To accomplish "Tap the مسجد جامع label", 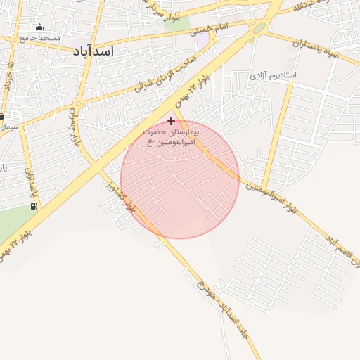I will pyautogui.click(x=40, y=37).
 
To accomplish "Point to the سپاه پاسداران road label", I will pyautogui.click(x=300, y=44).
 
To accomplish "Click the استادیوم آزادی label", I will pyautogui.click(x=274, y=75).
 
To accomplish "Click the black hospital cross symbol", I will pyautogui.click(x=171, y=121).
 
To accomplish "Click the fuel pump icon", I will pyautogui.click(x=33, y=206).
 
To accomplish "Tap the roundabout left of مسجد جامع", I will pyautogui.click(x=13, y=39).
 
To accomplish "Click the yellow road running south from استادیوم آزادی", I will pyautogui.click(x=279, y=127).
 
